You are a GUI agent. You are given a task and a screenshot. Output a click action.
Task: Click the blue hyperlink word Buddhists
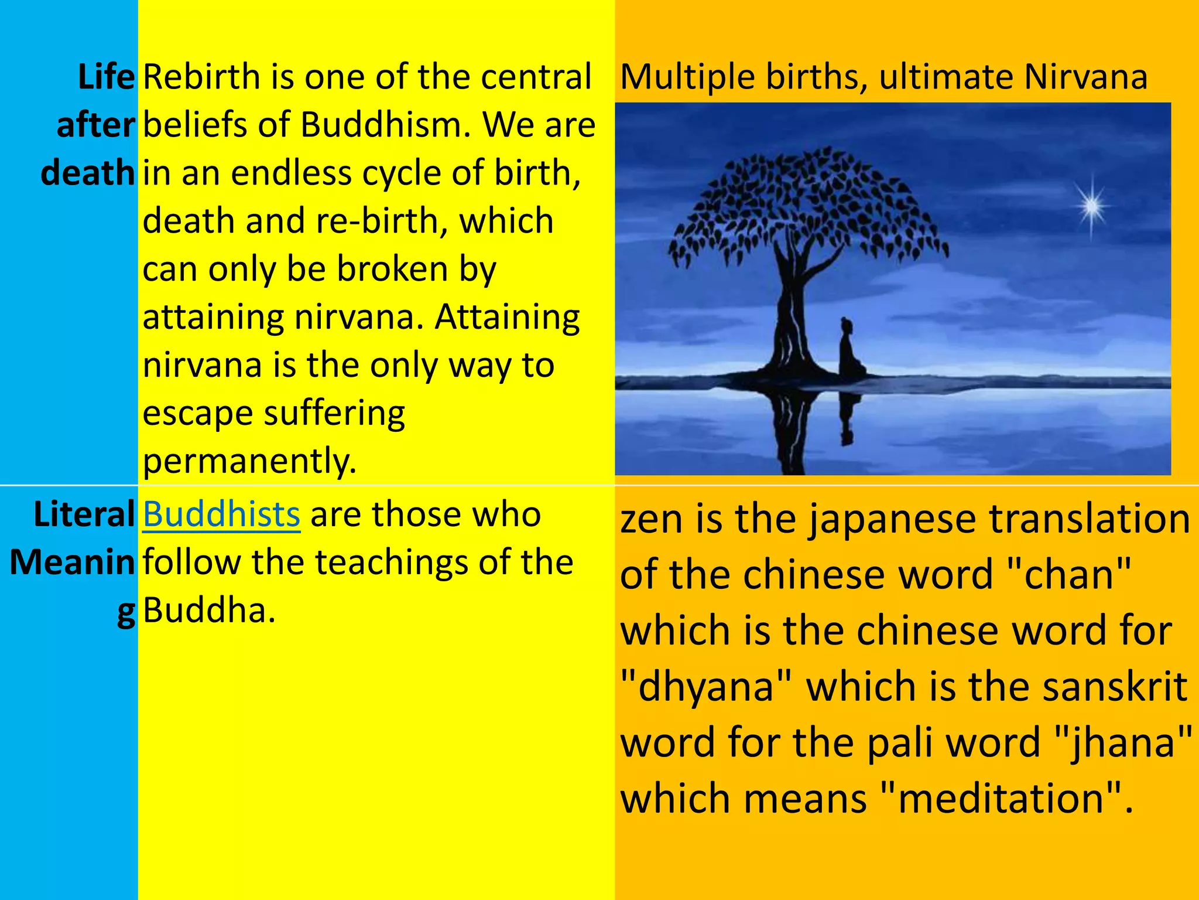point(221,514)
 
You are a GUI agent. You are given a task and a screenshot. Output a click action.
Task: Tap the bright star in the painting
point(1091,206)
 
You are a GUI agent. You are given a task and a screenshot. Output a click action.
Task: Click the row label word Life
point(106,77)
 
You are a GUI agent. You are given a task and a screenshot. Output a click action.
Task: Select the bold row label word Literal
point(84,514)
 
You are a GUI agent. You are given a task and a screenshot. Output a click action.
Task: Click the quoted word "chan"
point(1069,574)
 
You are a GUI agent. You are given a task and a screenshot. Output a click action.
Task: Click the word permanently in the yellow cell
point(249,461)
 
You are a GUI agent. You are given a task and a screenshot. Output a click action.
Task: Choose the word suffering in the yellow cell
point(334,413)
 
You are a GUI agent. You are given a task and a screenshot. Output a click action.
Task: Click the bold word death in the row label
point(88,173)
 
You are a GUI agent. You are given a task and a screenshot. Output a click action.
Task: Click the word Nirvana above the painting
point(1085,77)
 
